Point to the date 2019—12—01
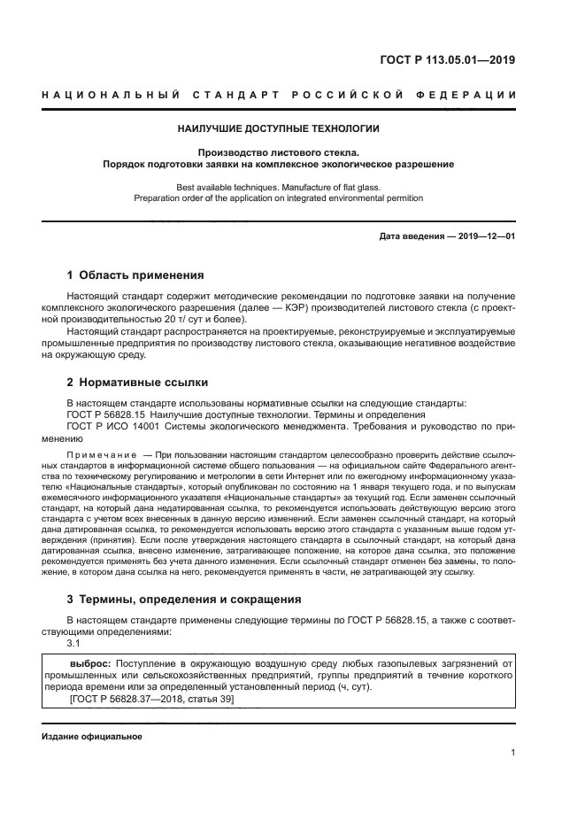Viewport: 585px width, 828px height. (x=483, y=236)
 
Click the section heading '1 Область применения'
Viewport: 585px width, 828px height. (x=135, y=275)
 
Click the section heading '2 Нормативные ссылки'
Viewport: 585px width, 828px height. (x=137, y=383)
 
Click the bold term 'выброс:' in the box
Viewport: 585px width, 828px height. (x=90, y=662)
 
